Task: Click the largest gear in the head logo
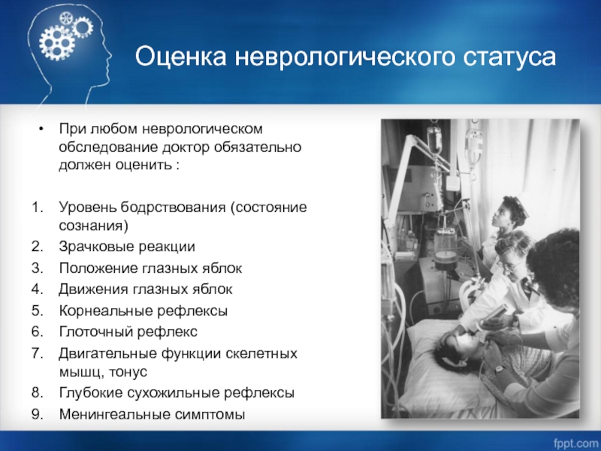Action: [x=57, y=41]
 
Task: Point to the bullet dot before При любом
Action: [x=41, y=129]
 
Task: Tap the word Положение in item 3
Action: [x=98, y=268]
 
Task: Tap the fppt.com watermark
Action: [x=575, y=443]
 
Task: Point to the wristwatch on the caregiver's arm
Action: [x=499, y=370]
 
